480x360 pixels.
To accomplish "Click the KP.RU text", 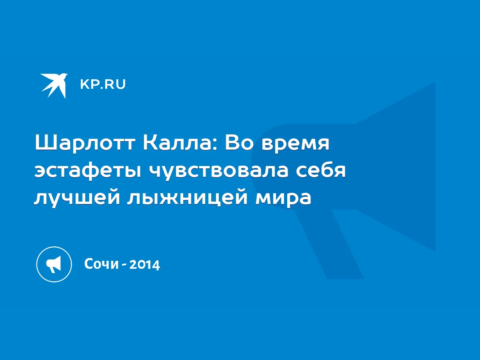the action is pos(103,84).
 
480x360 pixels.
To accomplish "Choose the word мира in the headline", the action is pos(284,199).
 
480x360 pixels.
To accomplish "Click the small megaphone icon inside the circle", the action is pos(54,264).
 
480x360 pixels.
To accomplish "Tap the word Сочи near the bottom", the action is pos(102,264).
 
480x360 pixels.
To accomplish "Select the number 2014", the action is pos(145,265).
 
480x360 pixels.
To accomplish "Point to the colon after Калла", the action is pos(215,145).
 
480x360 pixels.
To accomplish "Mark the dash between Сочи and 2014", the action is pos(124,265).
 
